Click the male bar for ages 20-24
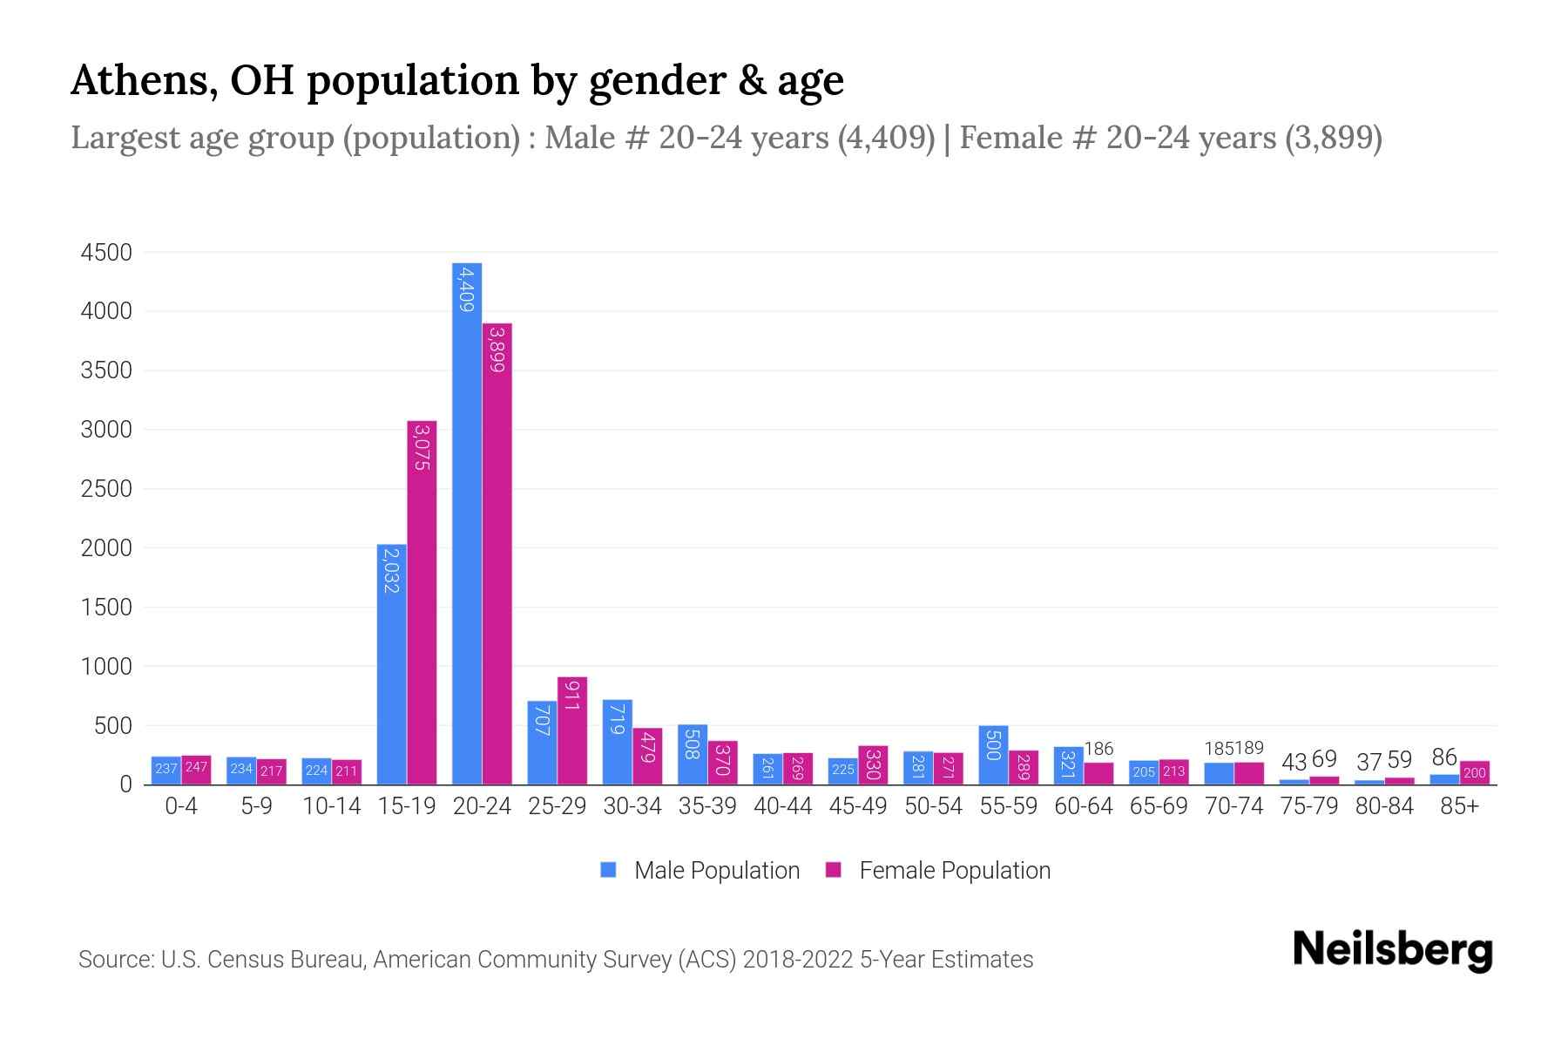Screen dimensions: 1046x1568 (x=467, y=523)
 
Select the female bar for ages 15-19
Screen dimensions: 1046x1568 (x=422, y=601)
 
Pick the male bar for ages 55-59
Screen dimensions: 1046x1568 (x=993, y=755)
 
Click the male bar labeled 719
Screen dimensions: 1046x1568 (x=617, y=742)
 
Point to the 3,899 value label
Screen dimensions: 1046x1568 (x=497, y=349)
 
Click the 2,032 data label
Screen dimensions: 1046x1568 (x=391, y=571)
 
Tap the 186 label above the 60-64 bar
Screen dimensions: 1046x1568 (x=1099, y=749)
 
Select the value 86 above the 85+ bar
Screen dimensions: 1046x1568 (x=1444, y=757)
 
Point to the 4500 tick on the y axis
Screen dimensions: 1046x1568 (x=106, y=253)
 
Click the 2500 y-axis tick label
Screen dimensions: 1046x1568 (x=106, y=489)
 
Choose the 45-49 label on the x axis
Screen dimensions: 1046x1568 (x=858, y=806)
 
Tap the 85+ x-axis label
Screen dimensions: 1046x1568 (x=1459, y=806)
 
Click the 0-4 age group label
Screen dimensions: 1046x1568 (x=181, y=806)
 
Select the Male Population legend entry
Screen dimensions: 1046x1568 (x=716, y=871)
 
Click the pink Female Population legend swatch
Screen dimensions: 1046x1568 (x=834, y=870)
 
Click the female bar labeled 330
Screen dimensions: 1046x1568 (x=873, y=765)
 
